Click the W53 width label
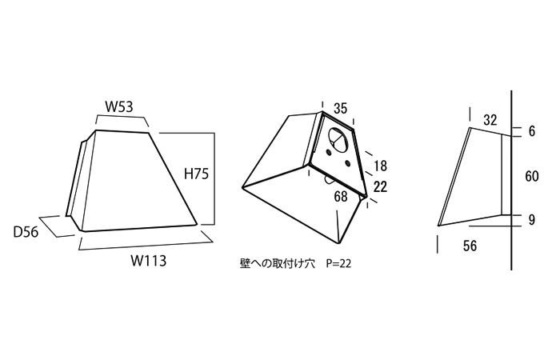point(122,106)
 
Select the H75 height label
point(196,173)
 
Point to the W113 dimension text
point(151,260)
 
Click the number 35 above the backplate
point(340,108)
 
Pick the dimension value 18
point(380,166)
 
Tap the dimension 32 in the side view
point(490,120)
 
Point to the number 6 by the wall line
point(532,132)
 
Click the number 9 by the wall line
point(532,218)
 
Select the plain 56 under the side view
point(470,246)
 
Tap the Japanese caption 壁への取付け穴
point(277,262)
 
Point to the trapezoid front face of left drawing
point(136,180)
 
